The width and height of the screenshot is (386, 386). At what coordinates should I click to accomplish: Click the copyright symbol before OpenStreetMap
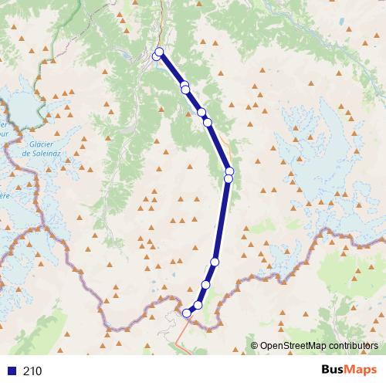[254, 347]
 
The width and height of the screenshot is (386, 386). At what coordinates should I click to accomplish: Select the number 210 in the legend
[33, 371]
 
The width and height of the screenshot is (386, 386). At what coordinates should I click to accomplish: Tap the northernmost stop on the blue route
[160, 52]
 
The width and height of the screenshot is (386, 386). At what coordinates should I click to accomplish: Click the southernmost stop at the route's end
[186, 313]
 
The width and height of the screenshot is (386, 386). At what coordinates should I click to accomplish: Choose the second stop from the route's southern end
[198, 305]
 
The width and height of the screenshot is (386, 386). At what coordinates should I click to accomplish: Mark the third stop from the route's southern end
[206, 285]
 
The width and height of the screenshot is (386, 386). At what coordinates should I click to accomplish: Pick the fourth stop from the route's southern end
[215, 262]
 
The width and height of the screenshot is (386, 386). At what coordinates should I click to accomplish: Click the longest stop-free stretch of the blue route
[222, 220]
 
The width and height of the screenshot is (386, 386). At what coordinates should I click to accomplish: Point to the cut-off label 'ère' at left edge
[4, 195]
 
